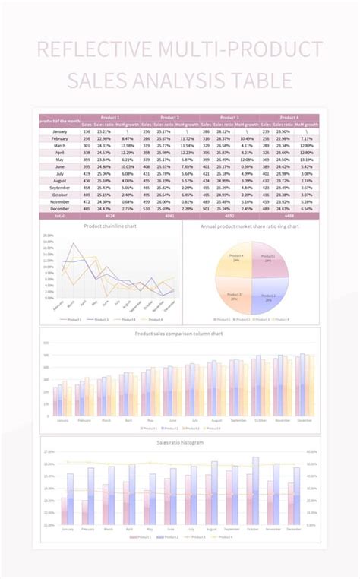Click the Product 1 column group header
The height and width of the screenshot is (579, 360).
tap(109, 118)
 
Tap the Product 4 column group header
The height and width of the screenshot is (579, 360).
tap(289, 118)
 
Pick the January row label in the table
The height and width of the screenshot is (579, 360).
tap(59, 131)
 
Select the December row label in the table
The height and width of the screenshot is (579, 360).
tap(59, 208)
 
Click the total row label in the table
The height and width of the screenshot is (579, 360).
tap(59, 215)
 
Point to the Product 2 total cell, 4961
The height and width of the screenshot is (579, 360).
tap(169, 215)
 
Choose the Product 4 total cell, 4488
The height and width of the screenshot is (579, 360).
tap(289, 215)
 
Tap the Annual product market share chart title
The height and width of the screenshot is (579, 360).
tap(250, 226)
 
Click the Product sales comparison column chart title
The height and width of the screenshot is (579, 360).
tap(179, 334)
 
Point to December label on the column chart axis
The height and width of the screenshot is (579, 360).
tap(305, 420)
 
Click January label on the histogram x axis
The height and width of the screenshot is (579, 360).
tap(67, 530)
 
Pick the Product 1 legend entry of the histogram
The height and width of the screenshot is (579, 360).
tap(137, 537)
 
